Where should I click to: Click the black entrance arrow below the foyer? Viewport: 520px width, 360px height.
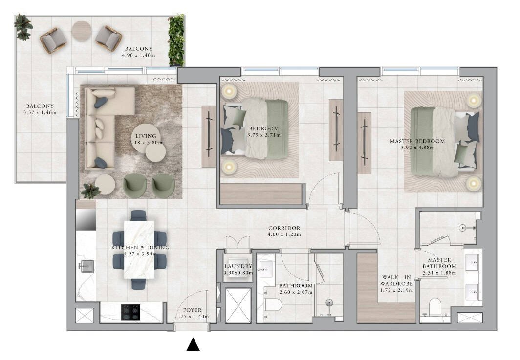coord(193,344)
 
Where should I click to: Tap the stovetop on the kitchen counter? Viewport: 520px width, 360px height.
coord(130,312)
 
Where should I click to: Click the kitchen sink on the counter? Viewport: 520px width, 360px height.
coord(86,266)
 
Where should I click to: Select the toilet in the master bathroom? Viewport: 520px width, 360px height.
coord(434,307)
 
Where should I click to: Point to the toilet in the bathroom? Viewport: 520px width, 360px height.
coord(273,304)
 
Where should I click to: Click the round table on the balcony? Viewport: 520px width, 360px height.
coord(81,31)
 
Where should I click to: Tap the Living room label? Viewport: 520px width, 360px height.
coord(146,136)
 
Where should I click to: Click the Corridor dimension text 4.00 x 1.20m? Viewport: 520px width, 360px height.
coord(284,234)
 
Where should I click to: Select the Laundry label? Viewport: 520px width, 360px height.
coord(238,266)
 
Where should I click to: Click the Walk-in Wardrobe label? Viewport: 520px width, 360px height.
coord(396,280)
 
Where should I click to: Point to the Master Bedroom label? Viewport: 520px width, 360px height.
coord(417,141)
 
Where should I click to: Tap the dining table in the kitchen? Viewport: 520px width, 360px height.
coord(139,250)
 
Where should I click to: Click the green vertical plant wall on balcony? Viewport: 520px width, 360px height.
coord(176,41)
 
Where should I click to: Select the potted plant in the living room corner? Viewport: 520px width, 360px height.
coord(90,191)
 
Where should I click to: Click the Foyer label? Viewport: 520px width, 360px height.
coord(193,310)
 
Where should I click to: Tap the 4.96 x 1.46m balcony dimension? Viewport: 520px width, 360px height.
coord(138,55)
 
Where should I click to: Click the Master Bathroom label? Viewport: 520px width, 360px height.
coord(439,263)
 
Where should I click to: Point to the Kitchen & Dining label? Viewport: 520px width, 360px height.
coord(140,247)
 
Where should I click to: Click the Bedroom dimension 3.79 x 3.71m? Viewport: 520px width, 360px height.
coord(264,135)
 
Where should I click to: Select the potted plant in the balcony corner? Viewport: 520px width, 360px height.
coord(23,27)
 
